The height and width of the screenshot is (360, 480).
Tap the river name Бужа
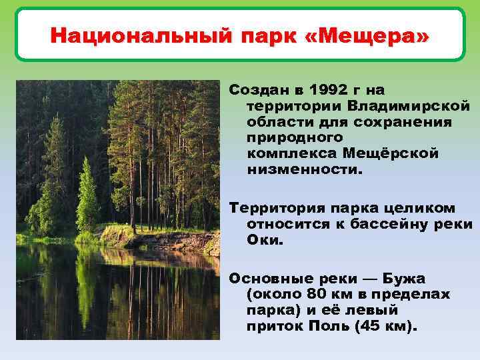coord(404,278)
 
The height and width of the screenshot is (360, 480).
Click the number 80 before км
coord(316,294)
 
